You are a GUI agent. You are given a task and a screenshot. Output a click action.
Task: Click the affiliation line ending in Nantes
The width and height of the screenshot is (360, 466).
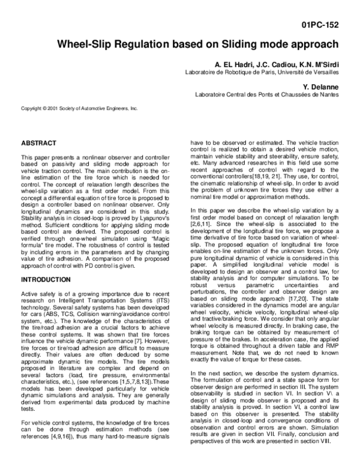click(266, 95)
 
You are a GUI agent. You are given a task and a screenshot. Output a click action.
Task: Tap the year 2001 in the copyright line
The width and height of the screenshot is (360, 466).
click(53, 108)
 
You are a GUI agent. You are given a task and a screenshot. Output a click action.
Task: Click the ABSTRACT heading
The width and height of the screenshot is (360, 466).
click(39, 144)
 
